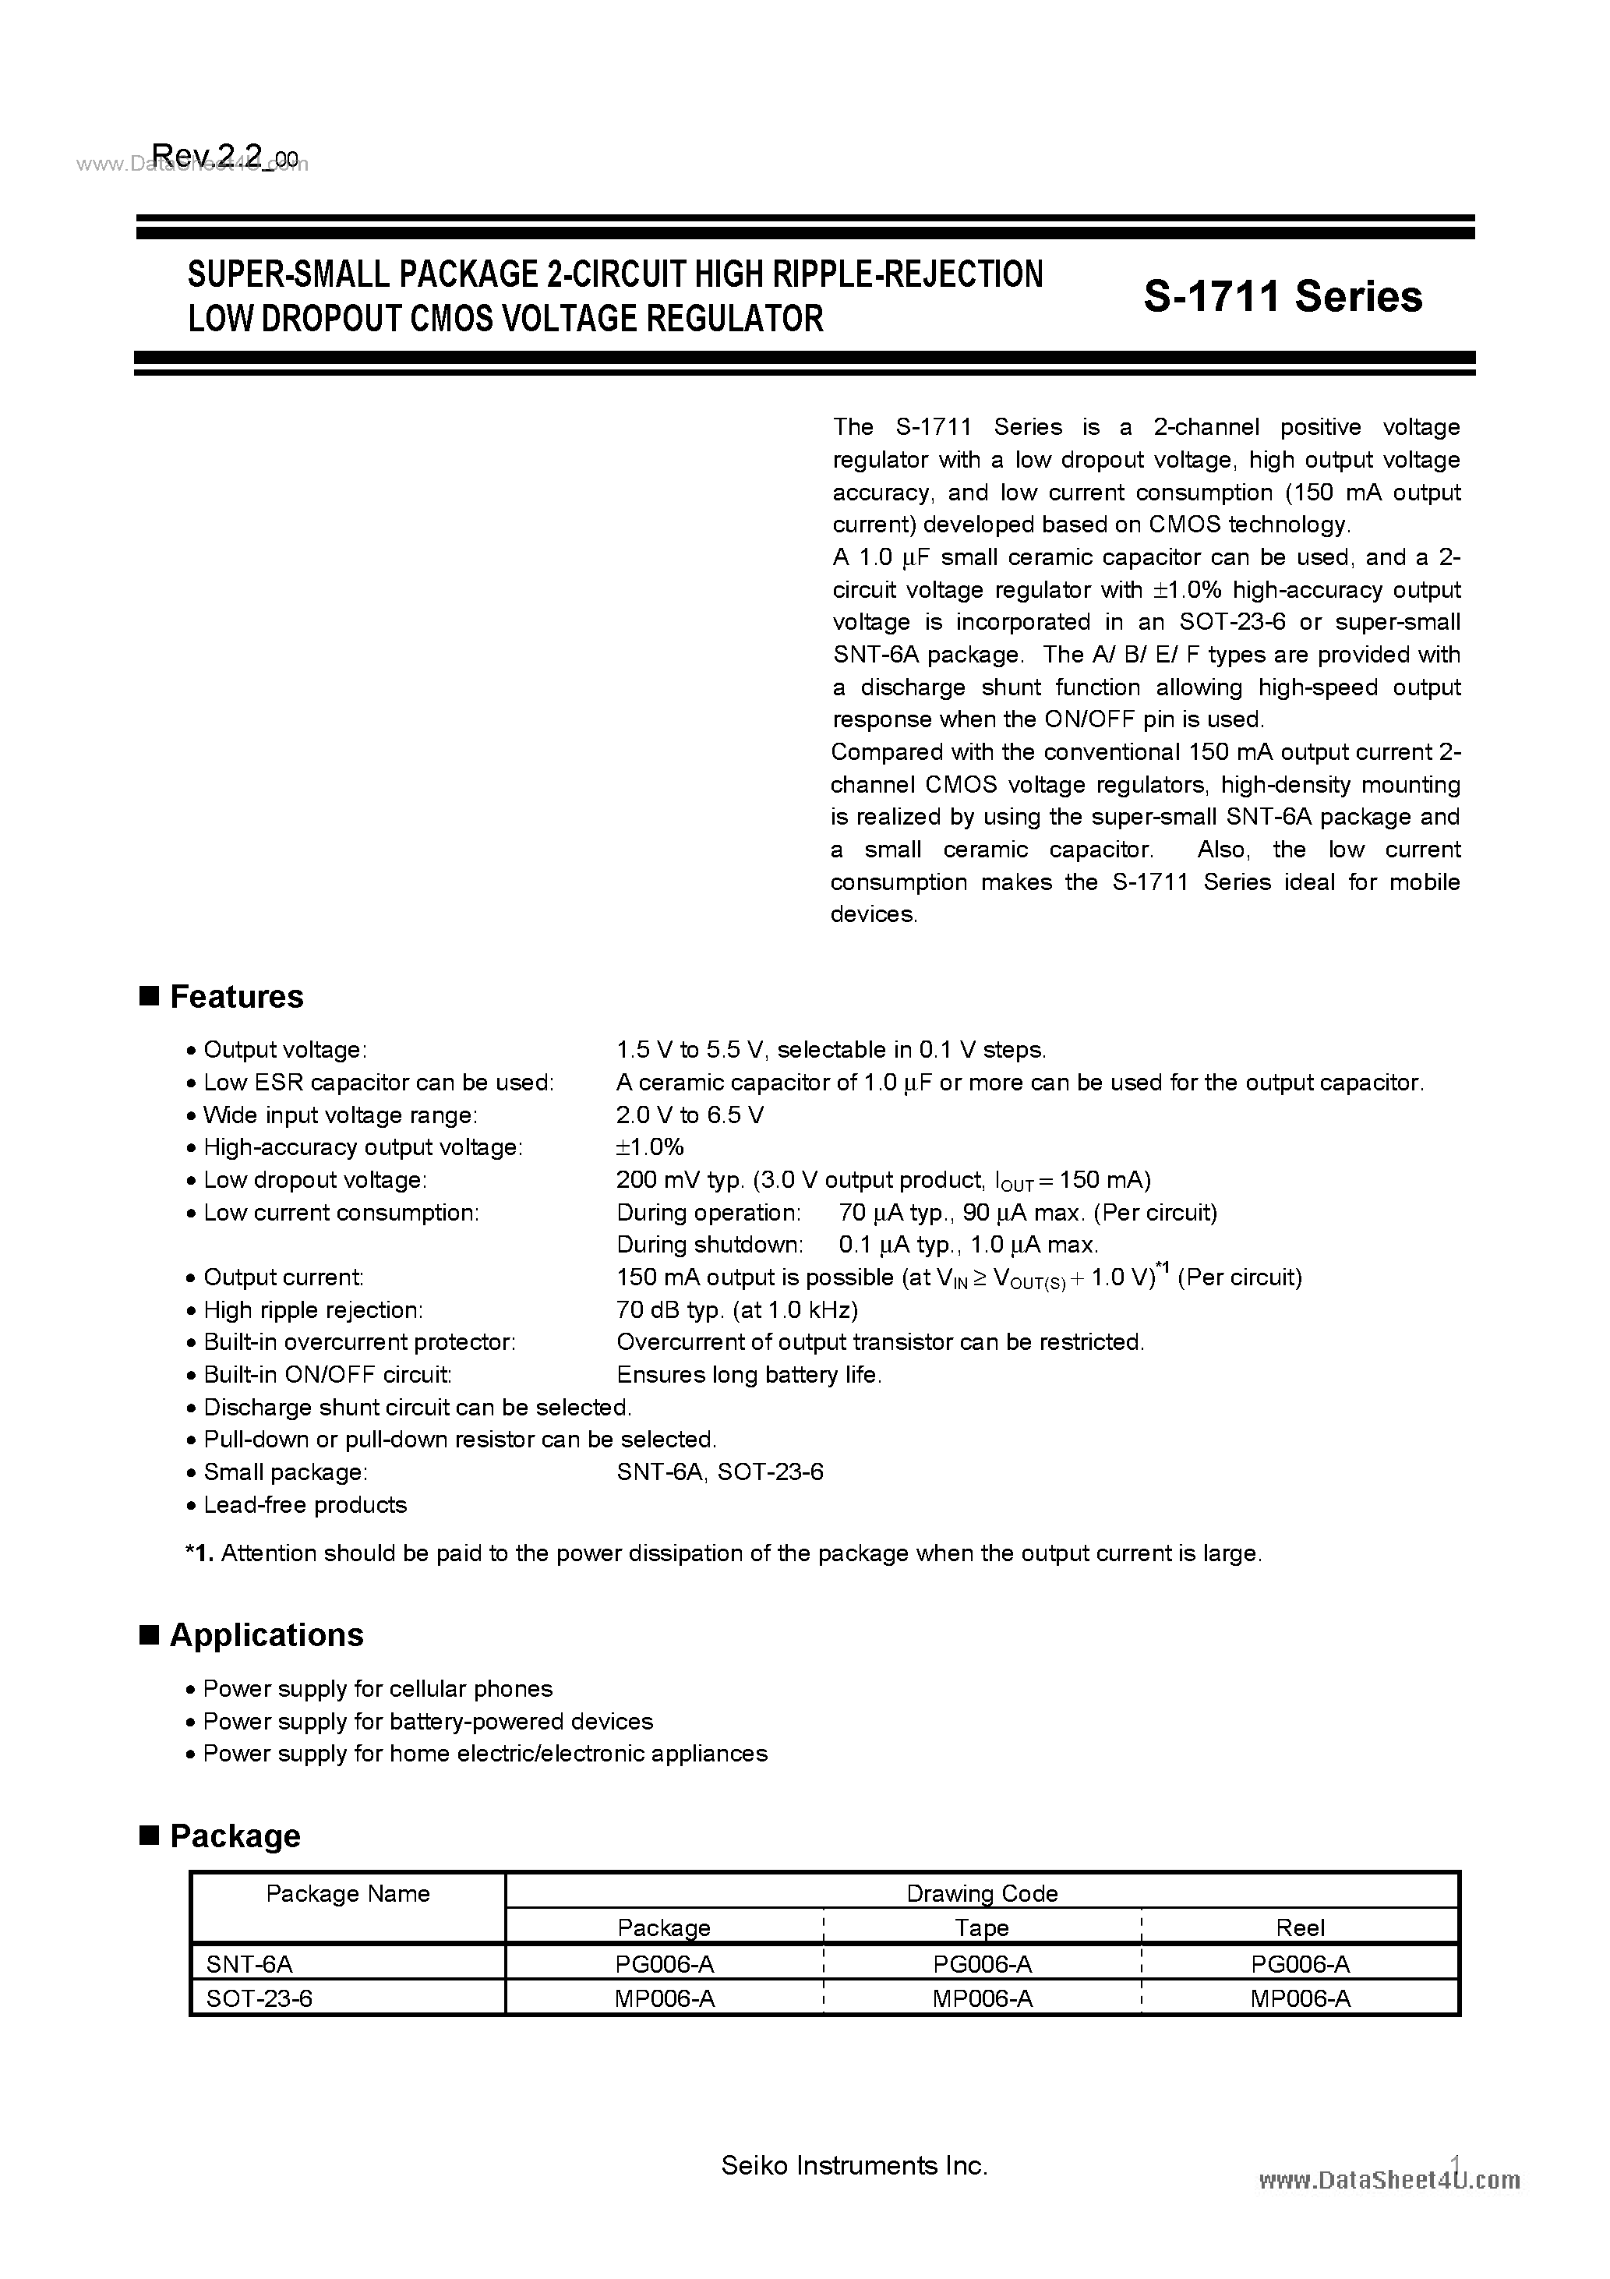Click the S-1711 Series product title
pos(1283,296)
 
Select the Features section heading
pos(236,997)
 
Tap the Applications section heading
pos(266,1634)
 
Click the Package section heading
pos(235,1836)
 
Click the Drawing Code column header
pos(982,1893)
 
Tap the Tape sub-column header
pos(982,1927)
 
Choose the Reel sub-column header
pos(1301,1927)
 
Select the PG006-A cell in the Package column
pos(664,1963)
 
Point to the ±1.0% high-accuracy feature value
pos(650,1147)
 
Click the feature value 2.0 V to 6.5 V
pos(690,1115)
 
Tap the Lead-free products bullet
pos(305,1505)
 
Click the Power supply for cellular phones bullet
pos(377,1688)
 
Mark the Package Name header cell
pos(348,1894)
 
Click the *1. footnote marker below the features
pos(199,1553)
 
